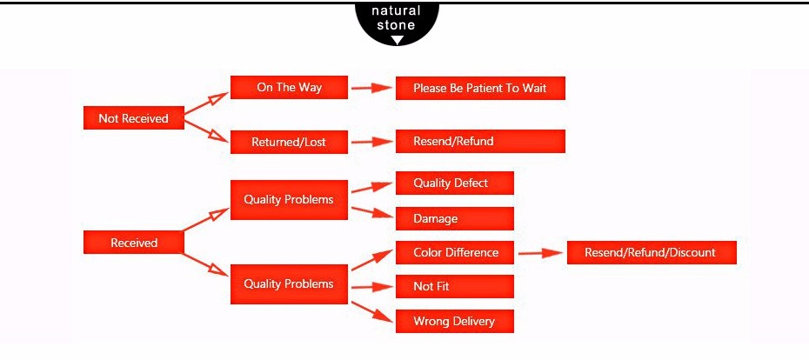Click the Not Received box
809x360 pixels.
(133, 118)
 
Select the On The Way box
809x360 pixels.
(289, 88)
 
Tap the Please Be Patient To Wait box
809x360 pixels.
(480, 89)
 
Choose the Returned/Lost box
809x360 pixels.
(289, 142)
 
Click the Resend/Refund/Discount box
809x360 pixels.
(652, 253)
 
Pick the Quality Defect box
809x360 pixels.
(454, 183)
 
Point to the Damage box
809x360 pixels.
(454, 219)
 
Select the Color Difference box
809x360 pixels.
(454, 253)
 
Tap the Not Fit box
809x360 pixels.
(454, 287)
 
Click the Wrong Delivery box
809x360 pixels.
(454, 322)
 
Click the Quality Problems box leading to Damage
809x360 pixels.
(289, 200)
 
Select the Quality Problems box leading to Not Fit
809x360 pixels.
(289, 284)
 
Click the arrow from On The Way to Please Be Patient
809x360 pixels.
(371, 88)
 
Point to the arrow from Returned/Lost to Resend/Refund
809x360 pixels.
(371, 142)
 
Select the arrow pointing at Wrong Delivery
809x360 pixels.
(371, 311)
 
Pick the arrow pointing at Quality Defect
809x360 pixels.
(371, 188)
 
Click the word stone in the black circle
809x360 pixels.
(396, 25)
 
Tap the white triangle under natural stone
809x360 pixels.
(397, 40)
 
